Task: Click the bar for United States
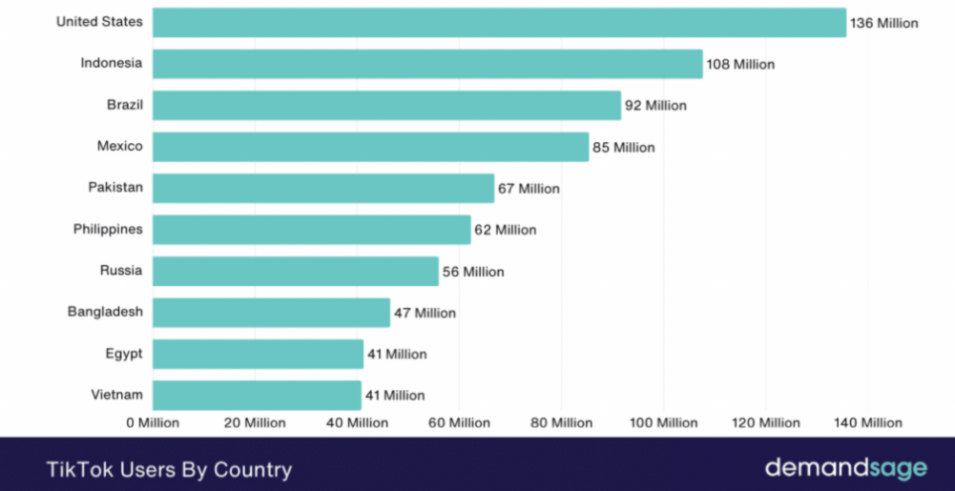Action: (x=499, y=23)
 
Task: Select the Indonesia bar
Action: (x=427, y=64)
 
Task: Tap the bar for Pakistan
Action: (x=323, y=188)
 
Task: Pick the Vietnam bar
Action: (x=257, y=395)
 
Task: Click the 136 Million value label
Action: (x=884, y=23)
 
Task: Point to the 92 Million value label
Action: (x=655, y=106)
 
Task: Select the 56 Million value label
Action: (x=473, y=272)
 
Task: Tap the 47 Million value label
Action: (x=425, y=313)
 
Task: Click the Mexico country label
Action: (x=120, y=146)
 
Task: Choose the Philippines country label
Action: (x=108, y=229)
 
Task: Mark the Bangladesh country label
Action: (x=105, y=312)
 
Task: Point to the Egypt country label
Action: (x=124, y=354)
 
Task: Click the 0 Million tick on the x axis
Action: (x=153, y=422)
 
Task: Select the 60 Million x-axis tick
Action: (x=459, y=422)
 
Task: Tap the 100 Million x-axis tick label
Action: (x=663, y=422)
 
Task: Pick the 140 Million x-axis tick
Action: (x=868, y=422)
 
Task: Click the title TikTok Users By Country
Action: (x=169, y=469)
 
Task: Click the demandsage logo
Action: (x=845, y=468)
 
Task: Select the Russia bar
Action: (x=296, y=271)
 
